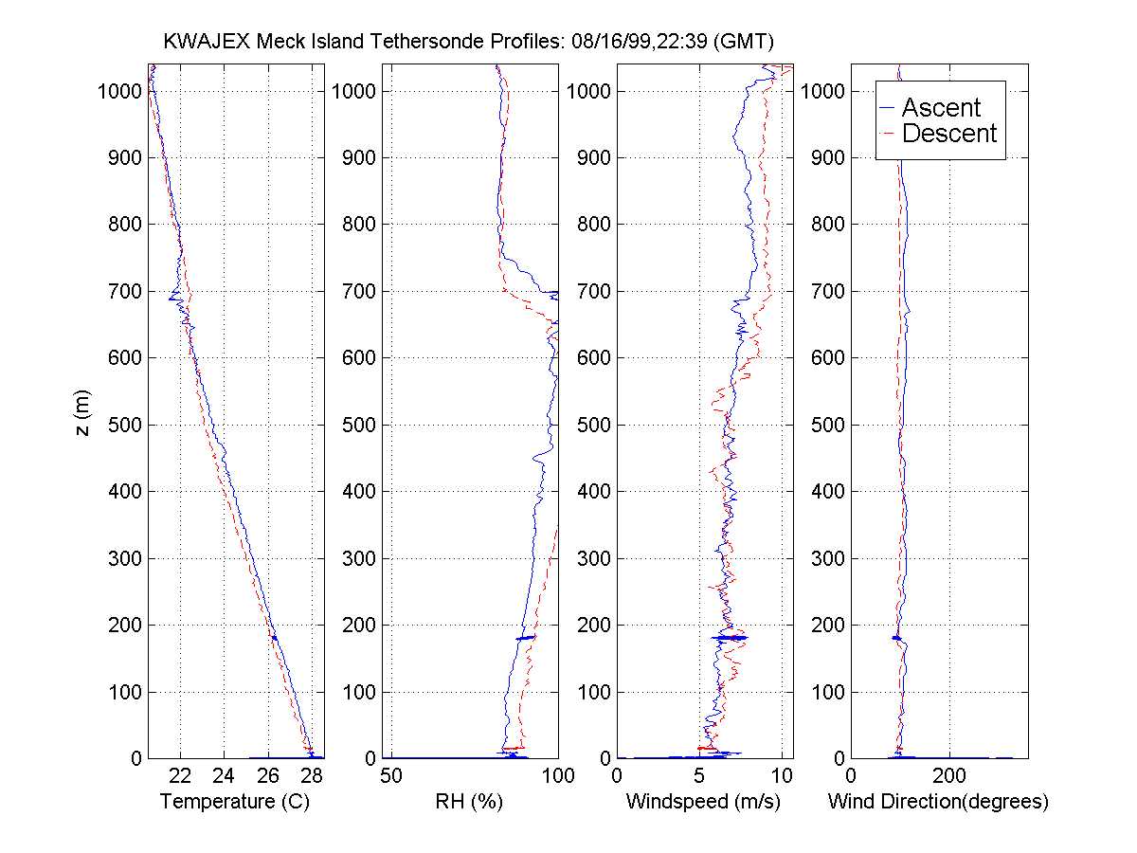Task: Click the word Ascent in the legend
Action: pyautogui.click(x=941, y=107)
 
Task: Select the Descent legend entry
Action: pyautogui.click(x=949, y=134)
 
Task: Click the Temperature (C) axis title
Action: pyautogui.click(x=235, y=802)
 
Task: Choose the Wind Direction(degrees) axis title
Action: pyautogui.click(x=938, y=802)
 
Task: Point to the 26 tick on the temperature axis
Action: pyautogui.click(x=267, y=775)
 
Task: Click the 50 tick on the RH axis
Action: pyautogui.click(x=392, y=775)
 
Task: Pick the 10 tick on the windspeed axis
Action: pyautogui.click(x=782, y=775)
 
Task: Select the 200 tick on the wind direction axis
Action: pyautogui.click(x=949, y=775)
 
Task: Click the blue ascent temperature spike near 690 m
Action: pyautogui.click(x=172, y=299)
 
